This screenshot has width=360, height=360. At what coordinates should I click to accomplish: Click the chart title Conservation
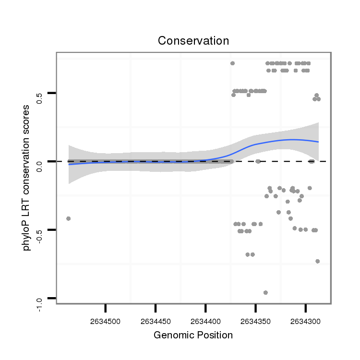[x=193, y=41]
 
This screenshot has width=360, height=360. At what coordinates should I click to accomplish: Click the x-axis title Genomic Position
[x=193, y=335]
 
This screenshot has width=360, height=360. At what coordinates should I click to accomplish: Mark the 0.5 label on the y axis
[x=40, y=98]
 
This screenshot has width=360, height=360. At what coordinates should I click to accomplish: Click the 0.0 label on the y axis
[x=40, y=166]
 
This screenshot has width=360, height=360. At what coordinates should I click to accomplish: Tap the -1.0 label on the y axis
[x=40, y=304]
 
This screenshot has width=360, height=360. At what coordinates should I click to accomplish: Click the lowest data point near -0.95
[x=265, y=292]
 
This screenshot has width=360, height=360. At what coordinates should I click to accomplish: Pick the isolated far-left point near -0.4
[x=68, y=218]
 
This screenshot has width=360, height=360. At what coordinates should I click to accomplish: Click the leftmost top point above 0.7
[x=232, y=63]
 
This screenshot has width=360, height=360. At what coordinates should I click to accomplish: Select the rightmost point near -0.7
[x=317, y=261]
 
